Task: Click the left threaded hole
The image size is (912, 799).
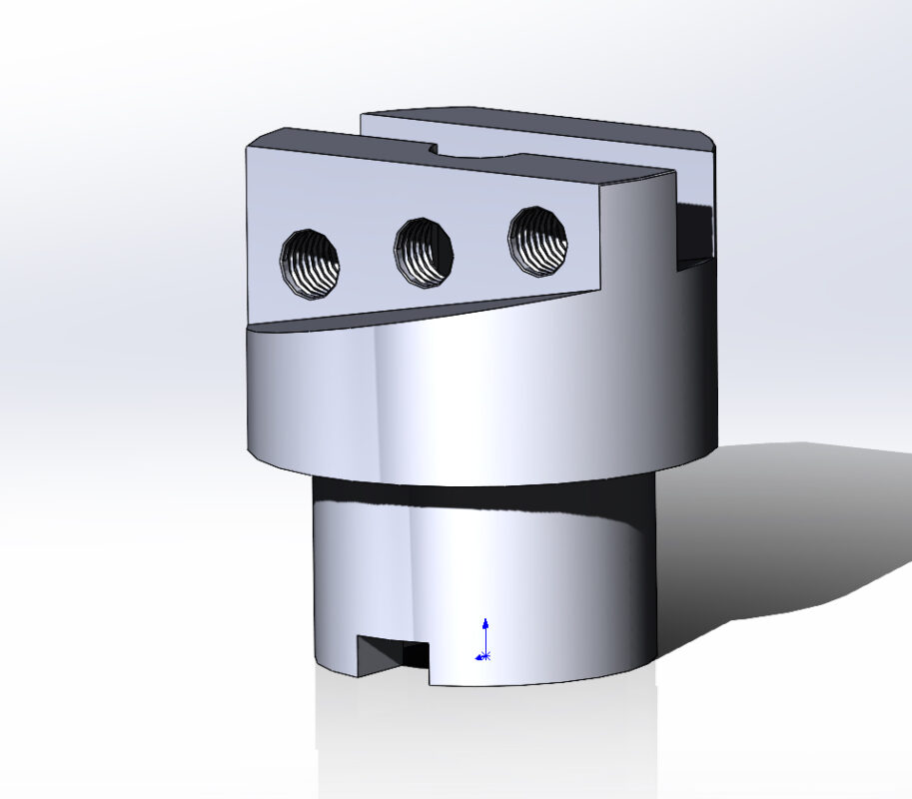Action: (311, 263)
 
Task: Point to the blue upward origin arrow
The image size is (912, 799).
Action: (485, 629)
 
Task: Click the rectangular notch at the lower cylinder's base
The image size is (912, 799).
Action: (396, 654)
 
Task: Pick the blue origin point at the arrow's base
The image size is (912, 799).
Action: (484, 656)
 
